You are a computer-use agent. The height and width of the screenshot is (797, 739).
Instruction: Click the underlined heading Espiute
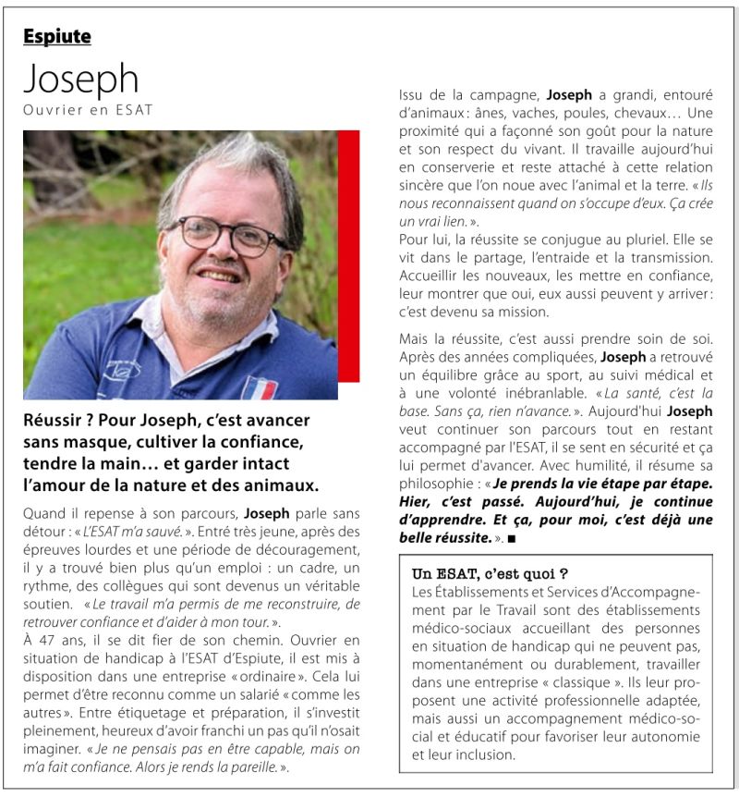(57, 37)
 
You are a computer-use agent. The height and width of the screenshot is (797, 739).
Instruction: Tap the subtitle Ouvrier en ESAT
(88, 111)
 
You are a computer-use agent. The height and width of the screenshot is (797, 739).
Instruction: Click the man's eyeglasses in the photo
(226, 235)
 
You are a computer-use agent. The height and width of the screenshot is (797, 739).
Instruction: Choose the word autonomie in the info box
(665, 737)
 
